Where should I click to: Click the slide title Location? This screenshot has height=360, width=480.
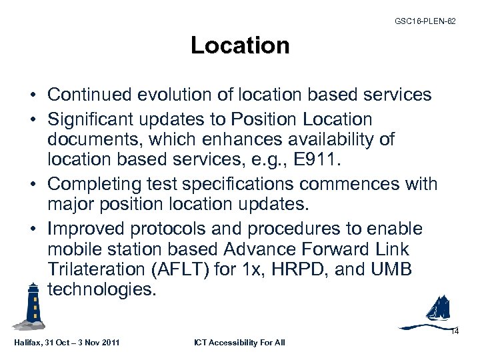[240, 45]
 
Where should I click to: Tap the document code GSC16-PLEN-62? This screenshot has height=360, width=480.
[425, 21]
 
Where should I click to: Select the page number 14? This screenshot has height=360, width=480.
[455, 331]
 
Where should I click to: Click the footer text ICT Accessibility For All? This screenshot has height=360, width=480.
[239, 343]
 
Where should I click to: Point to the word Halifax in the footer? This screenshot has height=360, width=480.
[28, 343]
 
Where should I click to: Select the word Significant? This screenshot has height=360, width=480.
[91, 119]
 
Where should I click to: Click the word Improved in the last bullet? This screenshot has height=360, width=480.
[87, 229]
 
